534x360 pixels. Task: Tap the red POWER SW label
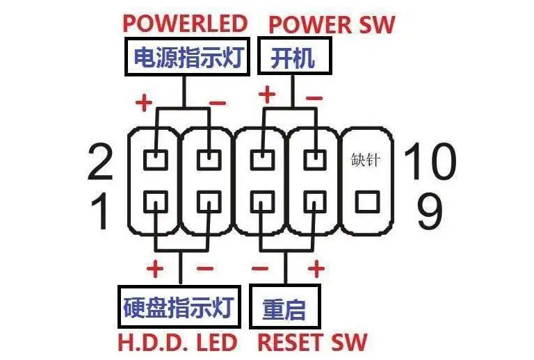[x=331, y=24]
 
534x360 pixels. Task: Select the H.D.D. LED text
[x=178, y=341]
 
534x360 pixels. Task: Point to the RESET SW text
[x=312, y=341]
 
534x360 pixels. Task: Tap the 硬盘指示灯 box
[x=179, y=306]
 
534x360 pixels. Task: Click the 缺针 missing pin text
[x=366, y=161]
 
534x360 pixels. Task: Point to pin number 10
[x=430, y=161]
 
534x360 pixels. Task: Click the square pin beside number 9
[x=366, y=203]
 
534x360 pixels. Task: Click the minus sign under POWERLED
[x=217, y=103]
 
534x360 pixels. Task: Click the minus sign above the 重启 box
[x=259, y=268]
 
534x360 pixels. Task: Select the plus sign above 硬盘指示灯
[x=154, y=268]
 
